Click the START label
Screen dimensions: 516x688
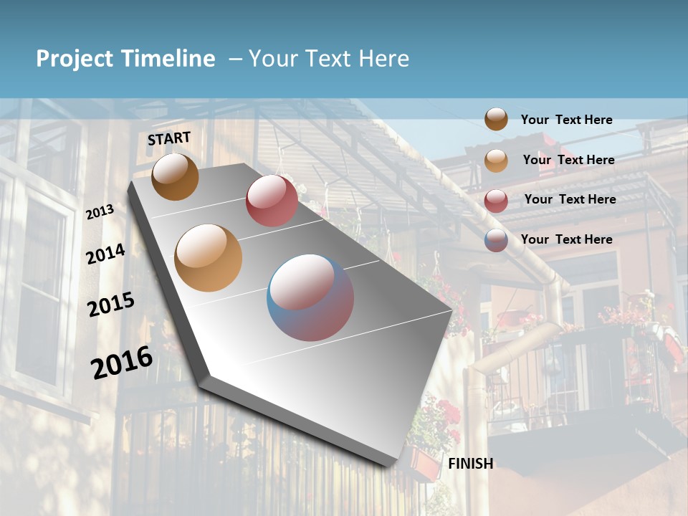(169, 138)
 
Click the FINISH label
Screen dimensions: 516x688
(471, 464)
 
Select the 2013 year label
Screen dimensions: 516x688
(100, 211)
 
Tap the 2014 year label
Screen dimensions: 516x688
(106, 254)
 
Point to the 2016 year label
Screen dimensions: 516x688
(122, 362)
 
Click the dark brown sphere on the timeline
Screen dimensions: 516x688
(175, 176)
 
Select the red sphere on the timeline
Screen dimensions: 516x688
(272, 201)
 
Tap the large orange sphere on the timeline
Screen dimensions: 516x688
(209, 257)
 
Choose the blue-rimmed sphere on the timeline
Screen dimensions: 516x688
(310, 297)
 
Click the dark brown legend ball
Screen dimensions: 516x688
(496, 119)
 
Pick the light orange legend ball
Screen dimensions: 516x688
(496, 161)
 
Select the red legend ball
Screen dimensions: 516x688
(496, 201)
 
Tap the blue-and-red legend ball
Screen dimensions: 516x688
(496, 240)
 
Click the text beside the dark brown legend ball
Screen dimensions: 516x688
(566, 120)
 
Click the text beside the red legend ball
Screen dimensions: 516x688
(570, 199)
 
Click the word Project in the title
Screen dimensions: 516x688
(74, 59)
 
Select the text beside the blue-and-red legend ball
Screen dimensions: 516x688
(566, 239)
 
